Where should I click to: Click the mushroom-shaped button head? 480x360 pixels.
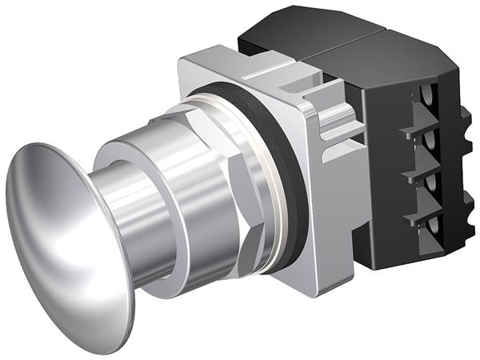point(64,232)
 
